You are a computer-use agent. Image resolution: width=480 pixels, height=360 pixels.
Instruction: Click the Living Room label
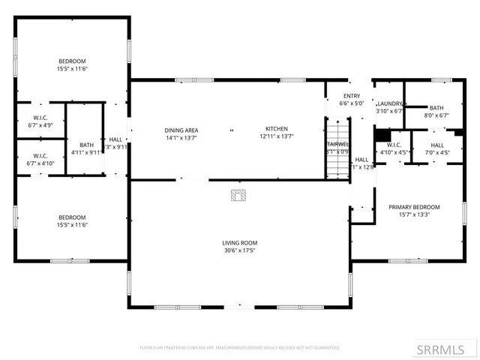pos(239,243)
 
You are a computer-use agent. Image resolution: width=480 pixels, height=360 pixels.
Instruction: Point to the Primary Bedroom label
pos(413,207)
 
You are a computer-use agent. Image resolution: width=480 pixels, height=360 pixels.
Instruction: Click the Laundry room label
pos(390,103)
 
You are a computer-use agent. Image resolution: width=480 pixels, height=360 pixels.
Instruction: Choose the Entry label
pos(352,96)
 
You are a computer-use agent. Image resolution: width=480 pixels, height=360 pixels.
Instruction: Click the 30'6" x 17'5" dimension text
pos(239,250)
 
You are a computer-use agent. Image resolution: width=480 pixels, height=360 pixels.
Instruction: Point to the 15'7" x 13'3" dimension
pos(413,214)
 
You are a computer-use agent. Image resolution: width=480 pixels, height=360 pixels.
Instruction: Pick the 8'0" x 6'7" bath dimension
pos(436,115)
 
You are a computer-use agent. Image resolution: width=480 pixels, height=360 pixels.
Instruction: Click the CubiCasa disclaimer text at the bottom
pos(239,348)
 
